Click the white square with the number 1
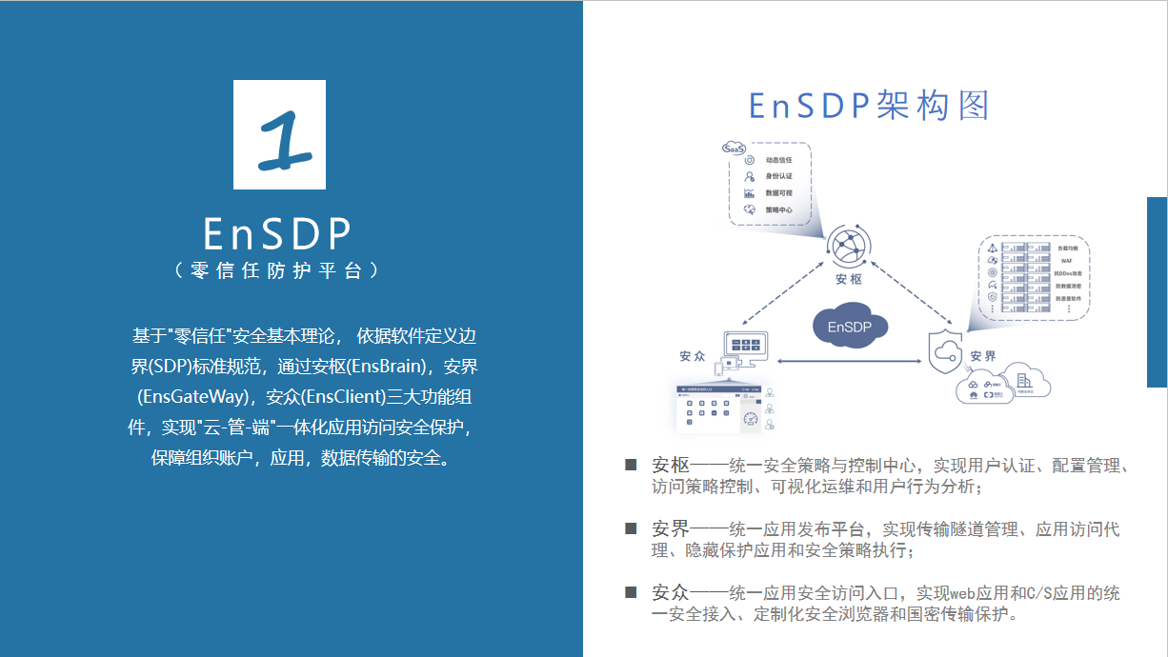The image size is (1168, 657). click(x=279, y=134)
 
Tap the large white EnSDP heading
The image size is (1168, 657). click(x=278, y=233)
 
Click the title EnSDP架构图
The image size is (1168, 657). click(x=869, y=106)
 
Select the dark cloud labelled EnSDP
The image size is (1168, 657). click(x=850, y=327)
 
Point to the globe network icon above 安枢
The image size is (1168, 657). click(x=847, y=246)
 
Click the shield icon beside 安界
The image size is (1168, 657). click(x=946, y=352)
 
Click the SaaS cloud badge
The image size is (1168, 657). click(x=734, y=149)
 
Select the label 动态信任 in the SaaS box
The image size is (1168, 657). click(x=778, y=160)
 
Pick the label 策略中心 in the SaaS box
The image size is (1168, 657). click(x=778, y=209)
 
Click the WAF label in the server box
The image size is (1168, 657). click(x=1067, y=260)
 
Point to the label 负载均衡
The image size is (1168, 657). click(x=1068, y=248)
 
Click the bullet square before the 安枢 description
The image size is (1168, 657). click(x=630, y=465)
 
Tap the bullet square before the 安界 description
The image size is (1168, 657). click(x=630, y=528)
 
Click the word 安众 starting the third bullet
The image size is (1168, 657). click(x=671, y=592)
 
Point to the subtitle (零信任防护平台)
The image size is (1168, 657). click(x=278, y=270)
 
